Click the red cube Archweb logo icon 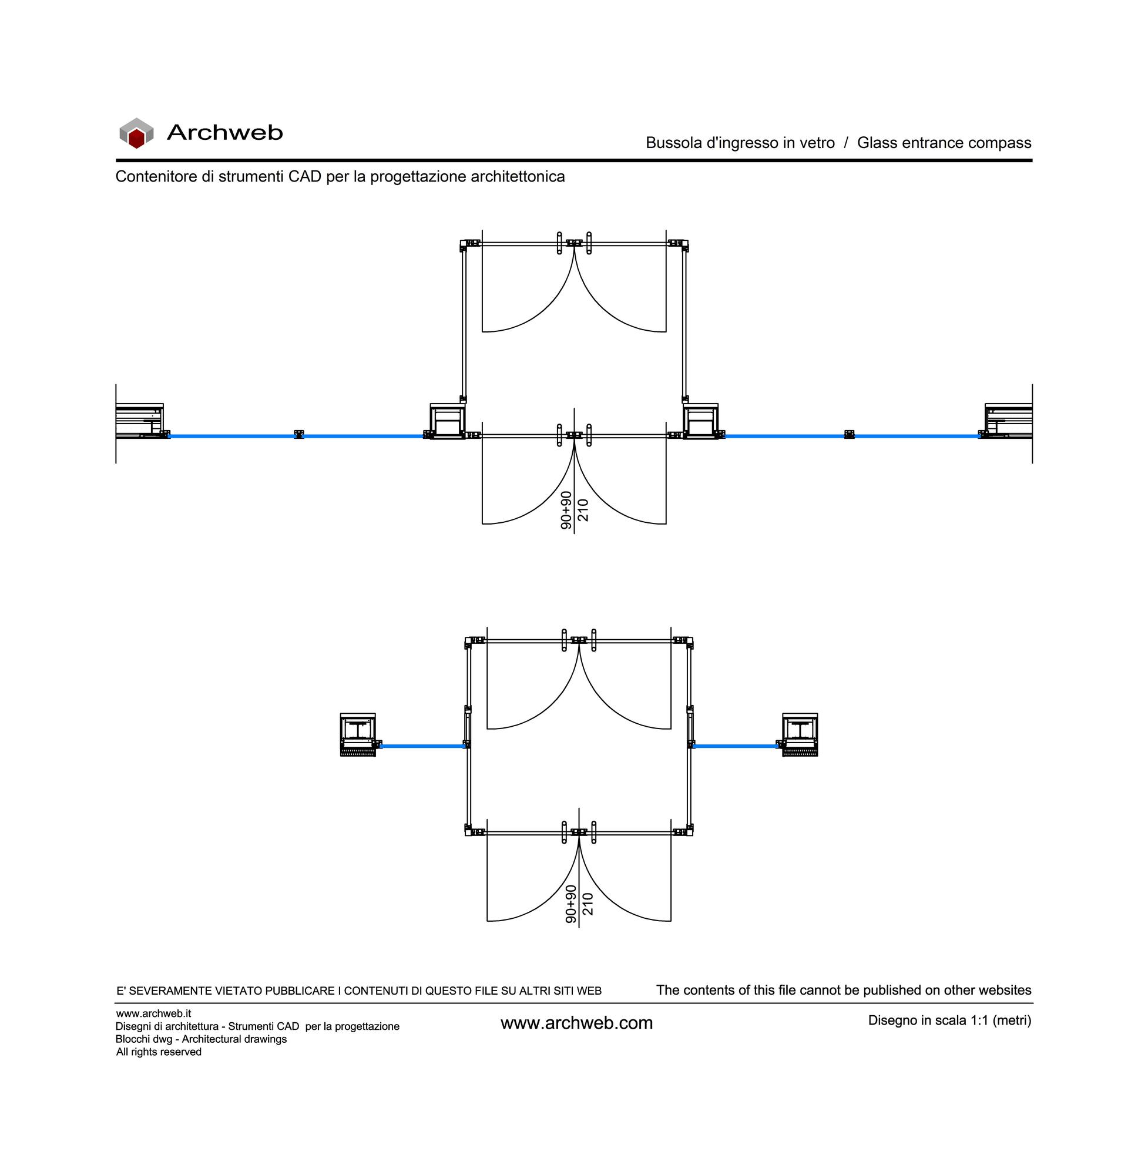pyautogui.click(x=136, y=133)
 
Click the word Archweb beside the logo pyautogui.click(x=224, y=133)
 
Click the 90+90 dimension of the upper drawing pyautogui.click(x=566, y=510)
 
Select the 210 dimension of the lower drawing pyautogui.click(x=588, y=904)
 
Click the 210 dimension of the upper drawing pyautogui.click(x=583, y=510)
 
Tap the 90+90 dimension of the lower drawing pyautogui.click(x=571, y=904)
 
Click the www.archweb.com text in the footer pyautogui.click(x=576, y=1023)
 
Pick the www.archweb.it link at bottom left pyautogui.click(x=154, y=1013)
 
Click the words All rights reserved pyautogui.click(x=159, y=1052)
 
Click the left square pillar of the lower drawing pyautogui.click(x=358, y=734)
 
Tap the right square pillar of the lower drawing pyautogui.click(x=800, y=734)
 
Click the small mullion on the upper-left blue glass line pyautogui.click(x=298, y=435)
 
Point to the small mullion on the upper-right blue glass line pyautogui.click(x=850, y=435)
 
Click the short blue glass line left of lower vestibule pyautogui.click(x=422, y=746)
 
